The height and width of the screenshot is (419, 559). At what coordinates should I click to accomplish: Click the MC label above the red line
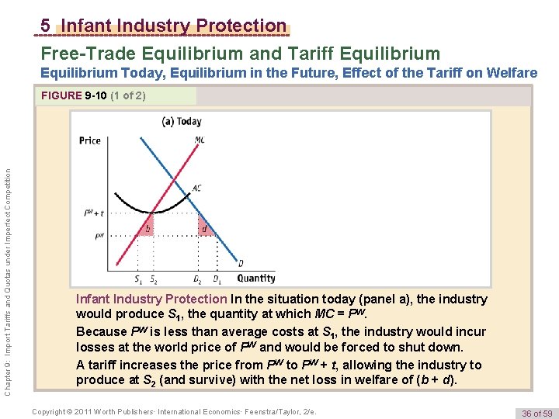200,140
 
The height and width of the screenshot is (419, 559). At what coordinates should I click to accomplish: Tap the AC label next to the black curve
196,188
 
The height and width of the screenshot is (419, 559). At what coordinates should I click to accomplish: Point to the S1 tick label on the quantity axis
138,279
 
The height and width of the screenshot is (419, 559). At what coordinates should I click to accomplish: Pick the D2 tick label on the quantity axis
198,279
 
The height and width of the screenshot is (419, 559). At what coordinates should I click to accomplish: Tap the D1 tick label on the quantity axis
217,279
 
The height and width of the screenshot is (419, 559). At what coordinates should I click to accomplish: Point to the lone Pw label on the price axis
99,237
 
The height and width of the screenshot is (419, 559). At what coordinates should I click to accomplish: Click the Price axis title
90,140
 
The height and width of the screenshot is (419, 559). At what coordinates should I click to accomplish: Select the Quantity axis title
256,278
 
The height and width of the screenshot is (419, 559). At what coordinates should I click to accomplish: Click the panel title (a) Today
181,121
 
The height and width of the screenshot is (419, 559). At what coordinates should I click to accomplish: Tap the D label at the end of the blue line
241,263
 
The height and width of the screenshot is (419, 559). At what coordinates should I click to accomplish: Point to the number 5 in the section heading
46,26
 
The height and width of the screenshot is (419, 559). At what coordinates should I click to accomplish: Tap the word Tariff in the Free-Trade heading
295,54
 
